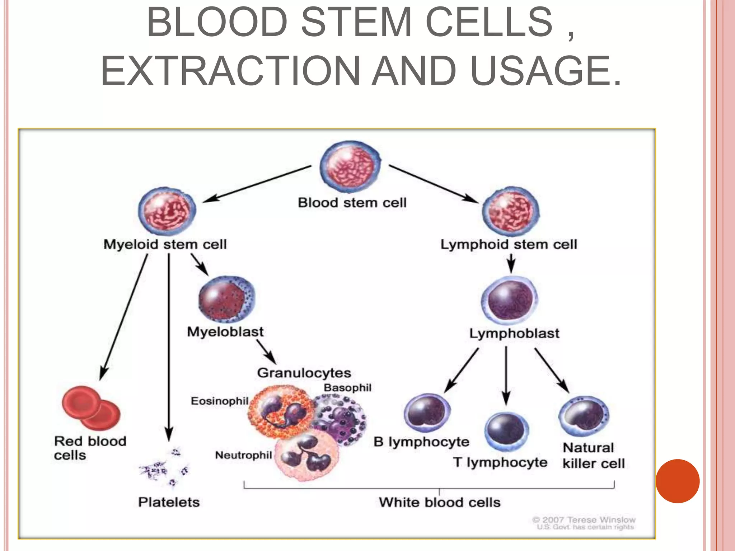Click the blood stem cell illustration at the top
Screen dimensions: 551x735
pos(350,167)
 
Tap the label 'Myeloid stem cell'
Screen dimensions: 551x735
pos(165,245)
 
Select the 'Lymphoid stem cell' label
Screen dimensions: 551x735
pos(509,245)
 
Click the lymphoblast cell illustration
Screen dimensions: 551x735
pos(510,300)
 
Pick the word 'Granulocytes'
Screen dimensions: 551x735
pos(304,373)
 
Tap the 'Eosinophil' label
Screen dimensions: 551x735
pos(219,401)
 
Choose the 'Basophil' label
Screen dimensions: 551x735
pos(347,388)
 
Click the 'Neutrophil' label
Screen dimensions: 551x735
pos(243,455)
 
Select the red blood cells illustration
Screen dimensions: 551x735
pos(91,408)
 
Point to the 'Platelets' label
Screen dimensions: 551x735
pos(169,502)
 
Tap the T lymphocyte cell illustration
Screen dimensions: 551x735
pos(506,432)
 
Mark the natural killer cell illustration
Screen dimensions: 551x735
pos(584,416)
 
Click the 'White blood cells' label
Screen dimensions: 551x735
pos(440,502)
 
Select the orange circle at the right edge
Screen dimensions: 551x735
pos(678,481)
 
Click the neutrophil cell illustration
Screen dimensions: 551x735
pos(307,456)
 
